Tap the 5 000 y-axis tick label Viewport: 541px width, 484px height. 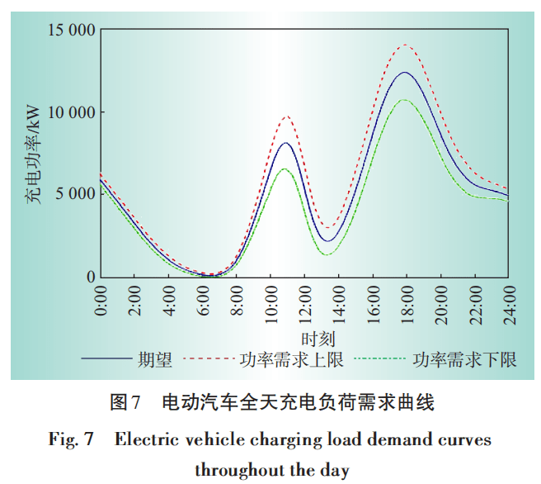[x=71, y=194]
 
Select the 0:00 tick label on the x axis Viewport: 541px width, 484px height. [x=101, y=300]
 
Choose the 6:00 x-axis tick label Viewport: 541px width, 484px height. [x=203, y=300]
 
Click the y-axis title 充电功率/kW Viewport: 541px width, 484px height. [x=32, y=154]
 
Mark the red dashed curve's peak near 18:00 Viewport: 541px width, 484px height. [x=405, y=45]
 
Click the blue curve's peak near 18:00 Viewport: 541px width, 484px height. [x=405, y=73]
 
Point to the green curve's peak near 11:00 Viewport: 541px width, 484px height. [x=285, y=168]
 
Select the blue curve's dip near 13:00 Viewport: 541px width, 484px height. [x=327, y=241]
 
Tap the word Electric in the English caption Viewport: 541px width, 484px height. [x=148, y=439]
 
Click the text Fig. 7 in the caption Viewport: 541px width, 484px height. [x=68, y=439]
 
